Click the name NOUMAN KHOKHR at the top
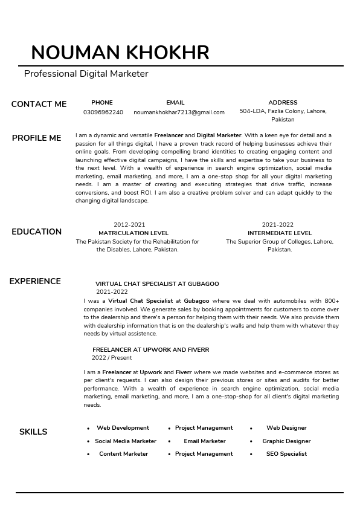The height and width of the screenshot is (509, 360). pyautogui.click(x=120, y=53)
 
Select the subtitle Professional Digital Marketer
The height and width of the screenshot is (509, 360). pyautogui.click(x=86, y=74)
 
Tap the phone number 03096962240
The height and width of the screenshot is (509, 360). pyautogui.click(x=103, y=112)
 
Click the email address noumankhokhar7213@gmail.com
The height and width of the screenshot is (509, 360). pyautogui.click(x=179, y=112)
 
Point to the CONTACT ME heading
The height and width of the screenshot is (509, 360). pyautogui.click(x=39, y=104)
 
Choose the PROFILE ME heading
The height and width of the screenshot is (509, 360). pyautogui.click(x=36, y=138)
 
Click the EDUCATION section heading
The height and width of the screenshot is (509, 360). pyautogui.click(x=36, y=232)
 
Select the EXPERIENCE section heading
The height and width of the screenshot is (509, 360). pyautogui.click(x=35, y=281)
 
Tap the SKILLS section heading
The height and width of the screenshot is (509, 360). pyautogui.click(x=33, y=432)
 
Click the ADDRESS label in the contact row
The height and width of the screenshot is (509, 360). pyautogui.click(x=283, y=103)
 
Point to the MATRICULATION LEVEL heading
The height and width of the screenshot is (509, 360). pyautogui.click(x=133, y=233)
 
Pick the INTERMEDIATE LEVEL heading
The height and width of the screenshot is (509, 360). pyautogui.click(x=280, y=233)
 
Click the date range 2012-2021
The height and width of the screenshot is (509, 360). pyautogui.click(x=129, y=225)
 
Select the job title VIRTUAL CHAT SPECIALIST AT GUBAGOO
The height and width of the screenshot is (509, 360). pyautogui.click(x=157, y=284)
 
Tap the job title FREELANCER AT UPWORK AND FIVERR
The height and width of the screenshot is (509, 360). pyautogui.click(x=150, y=349)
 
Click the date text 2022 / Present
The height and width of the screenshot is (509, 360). pyautogui.click(x=112, y=358)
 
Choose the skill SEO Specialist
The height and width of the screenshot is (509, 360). pyautogui.click(x=286, y=454)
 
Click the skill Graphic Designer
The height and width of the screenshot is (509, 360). pyautogui.click(x=286, y=441)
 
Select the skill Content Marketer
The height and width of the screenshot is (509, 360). pyautogui.click(x=123, y=454)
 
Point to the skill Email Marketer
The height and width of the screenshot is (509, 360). pyautogui.click(x=204, y=441)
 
